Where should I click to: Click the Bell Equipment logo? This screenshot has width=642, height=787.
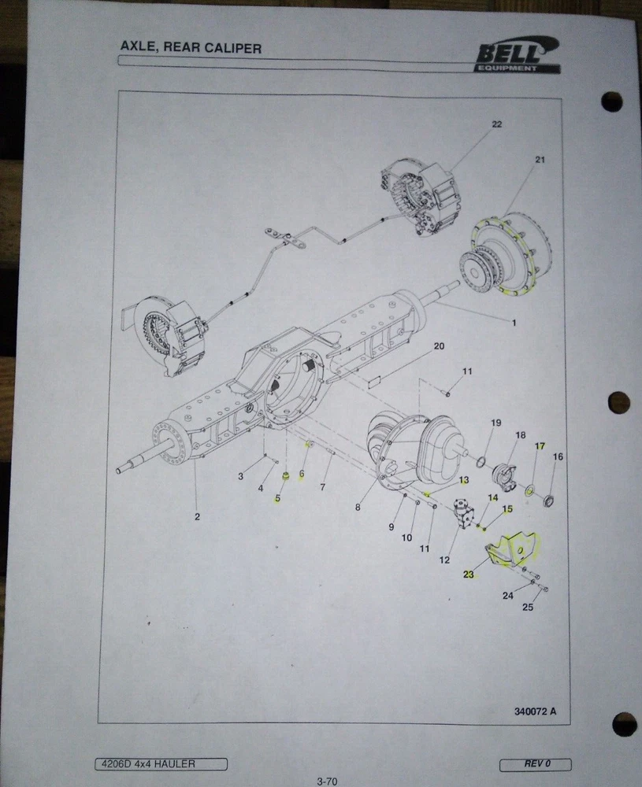[518, 55]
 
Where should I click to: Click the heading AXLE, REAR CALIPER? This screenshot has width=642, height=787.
[191, 48]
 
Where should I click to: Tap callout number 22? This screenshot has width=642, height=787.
[497, 124]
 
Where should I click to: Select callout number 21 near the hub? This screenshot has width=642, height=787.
[540, 160]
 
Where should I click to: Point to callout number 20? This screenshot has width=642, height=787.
[439, 346]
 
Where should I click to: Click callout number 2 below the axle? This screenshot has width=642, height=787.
[198, 516]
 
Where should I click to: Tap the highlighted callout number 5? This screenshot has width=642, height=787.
[277, 498]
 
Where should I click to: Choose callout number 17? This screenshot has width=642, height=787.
[540, 445]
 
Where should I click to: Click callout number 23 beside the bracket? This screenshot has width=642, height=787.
[468, 575]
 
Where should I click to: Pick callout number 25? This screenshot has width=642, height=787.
[528, 608]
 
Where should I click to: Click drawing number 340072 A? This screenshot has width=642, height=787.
[535, 711]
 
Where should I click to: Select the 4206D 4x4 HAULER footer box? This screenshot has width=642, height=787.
[161, 764]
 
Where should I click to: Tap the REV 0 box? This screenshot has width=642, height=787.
[536, 764]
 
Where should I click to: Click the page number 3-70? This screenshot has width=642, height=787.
[327, 781]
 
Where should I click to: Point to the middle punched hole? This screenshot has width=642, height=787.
[618, 402]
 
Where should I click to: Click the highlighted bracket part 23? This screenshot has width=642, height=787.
[510, 549]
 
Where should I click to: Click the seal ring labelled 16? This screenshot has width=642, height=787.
[548, 501]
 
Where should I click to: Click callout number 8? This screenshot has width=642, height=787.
[358, 508]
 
